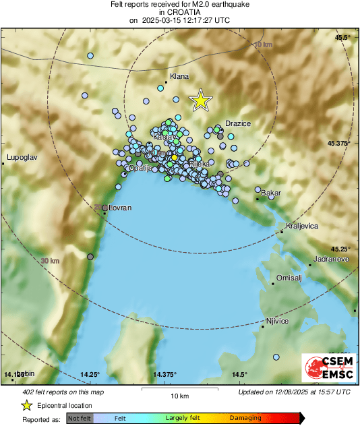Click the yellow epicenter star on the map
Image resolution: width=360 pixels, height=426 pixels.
pos(200,100)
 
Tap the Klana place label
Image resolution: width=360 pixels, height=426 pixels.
pos(179,77)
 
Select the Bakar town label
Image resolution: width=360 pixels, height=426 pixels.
pos(270,193)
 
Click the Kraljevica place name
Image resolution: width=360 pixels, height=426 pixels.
pos(301,226)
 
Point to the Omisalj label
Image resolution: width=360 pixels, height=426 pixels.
pos(291,278)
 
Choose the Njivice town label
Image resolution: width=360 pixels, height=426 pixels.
pos(277,321)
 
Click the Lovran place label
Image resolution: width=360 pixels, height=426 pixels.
pos(119,209)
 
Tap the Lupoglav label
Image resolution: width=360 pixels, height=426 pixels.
pos(21,158)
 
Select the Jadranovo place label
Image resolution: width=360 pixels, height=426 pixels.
pos(331,259)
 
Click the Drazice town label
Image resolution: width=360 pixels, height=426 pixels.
pos(238,123)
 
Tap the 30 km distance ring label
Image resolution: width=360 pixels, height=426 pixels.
pos(49,261)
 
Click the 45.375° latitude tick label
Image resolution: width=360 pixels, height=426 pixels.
pos(339,144)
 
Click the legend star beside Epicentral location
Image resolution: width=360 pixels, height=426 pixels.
pos(26,405)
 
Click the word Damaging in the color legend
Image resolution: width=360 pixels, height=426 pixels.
pos(245,418)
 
